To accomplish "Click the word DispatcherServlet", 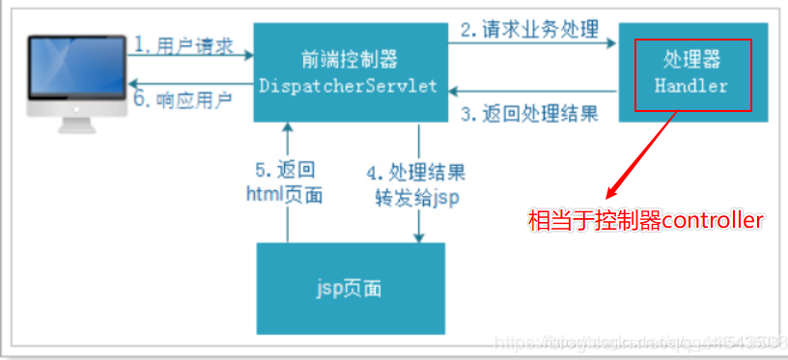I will [349, 86].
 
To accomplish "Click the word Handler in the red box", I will [690, 86].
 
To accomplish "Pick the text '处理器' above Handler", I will [690, 61].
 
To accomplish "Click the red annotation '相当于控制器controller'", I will [646, 221].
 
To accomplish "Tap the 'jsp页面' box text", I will [350, 288].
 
